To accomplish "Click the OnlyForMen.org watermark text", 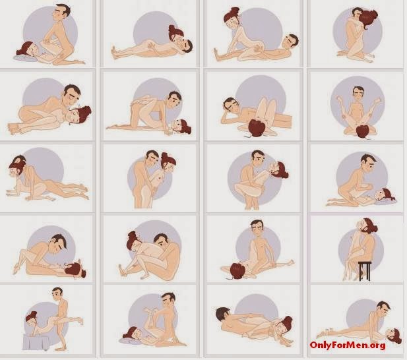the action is click(x=347, y=345).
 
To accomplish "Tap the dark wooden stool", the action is click(x=365, y=271).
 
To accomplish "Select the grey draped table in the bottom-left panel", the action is click(x=36, y=342).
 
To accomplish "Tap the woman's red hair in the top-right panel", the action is click(x=368, y=20).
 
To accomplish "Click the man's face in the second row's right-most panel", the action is click(x=358, y=94).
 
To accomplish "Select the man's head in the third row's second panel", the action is click(x=152, y=159).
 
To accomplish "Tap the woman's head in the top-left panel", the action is click(x=26, y=49).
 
